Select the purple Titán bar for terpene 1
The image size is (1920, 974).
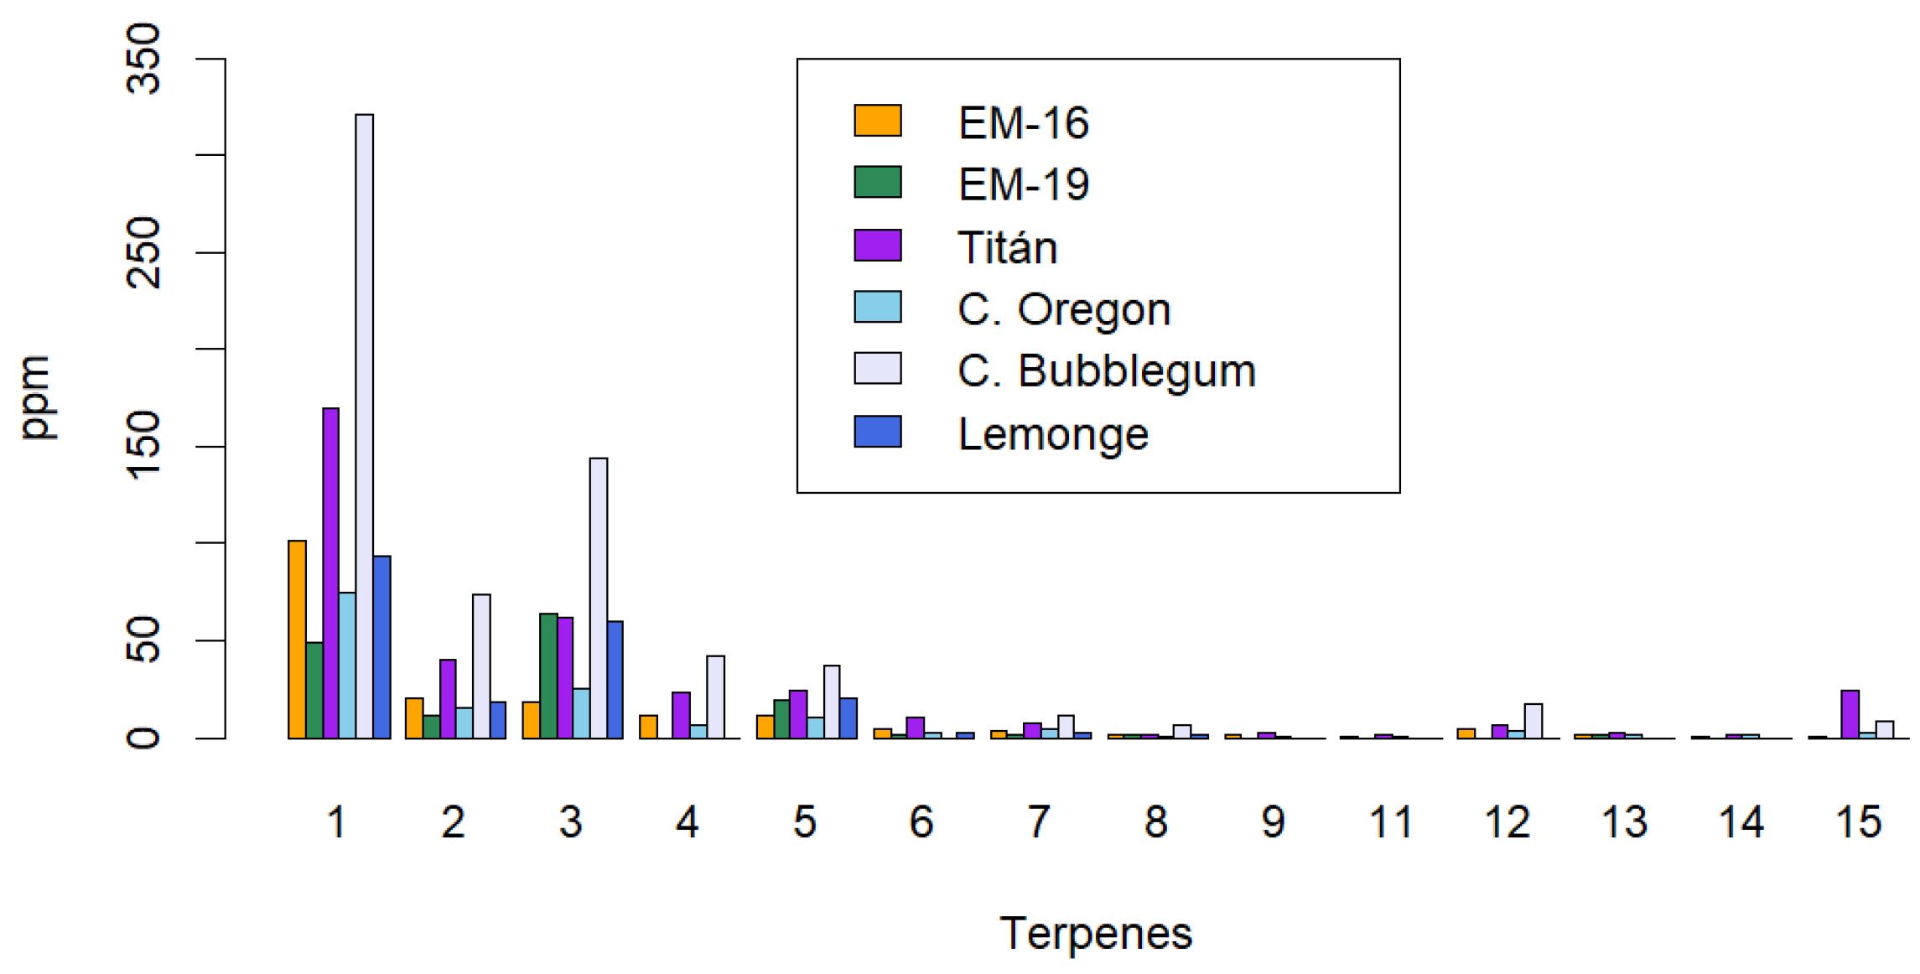330,573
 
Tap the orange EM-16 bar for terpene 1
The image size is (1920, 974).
297,640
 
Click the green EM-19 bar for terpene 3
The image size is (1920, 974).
548,676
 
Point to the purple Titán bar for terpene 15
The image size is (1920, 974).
1850,714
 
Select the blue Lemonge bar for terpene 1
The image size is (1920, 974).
381,647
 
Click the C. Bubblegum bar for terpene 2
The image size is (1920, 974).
481,666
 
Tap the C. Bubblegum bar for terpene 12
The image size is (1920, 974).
1533,721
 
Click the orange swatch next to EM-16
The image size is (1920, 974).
877,121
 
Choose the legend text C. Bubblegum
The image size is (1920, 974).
1106,370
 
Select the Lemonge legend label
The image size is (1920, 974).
1052,434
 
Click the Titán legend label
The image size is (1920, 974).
1007,247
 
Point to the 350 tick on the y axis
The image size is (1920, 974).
143,59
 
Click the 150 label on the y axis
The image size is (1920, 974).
143,446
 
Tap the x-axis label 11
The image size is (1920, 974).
1390,822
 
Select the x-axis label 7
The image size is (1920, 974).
1039,822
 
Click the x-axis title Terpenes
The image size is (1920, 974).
1095,934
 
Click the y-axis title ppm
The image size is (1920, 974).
37,397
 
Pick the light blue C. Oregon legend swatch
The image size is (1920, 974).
877,307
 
